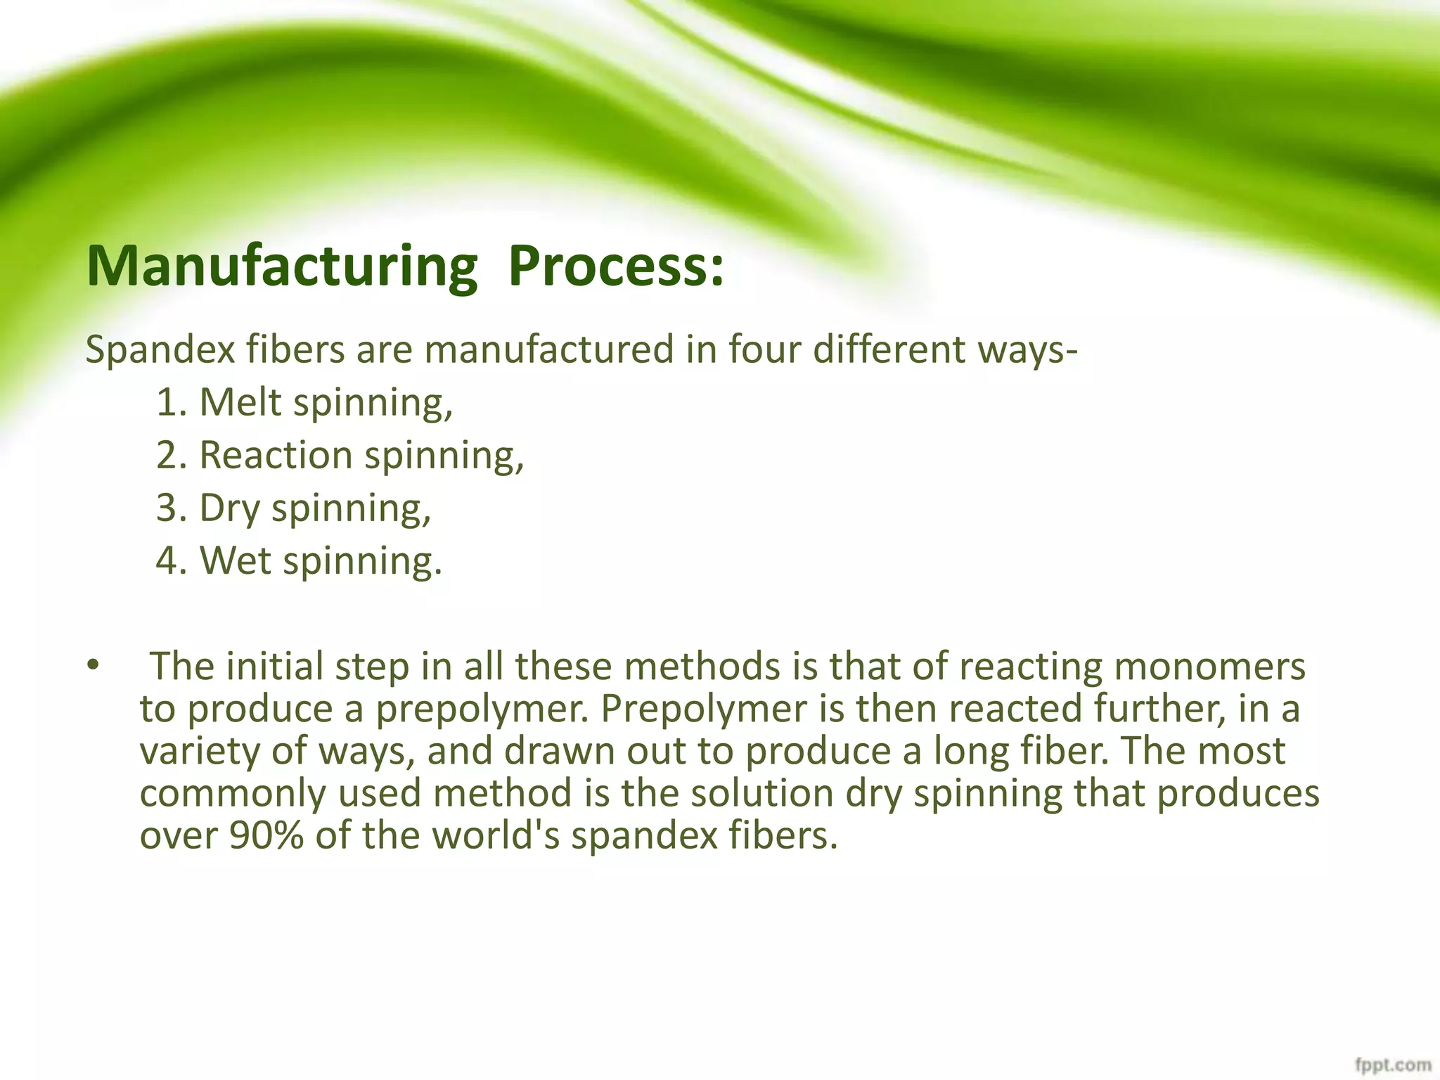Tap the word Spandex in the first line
point(160,349)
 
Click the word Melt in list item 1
point(240,402)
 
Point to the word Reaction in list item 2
point(275,455)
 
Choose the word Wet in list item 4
point(235,560)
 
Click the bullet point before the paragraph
point(93,665)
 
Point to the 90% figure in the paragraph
point(266,835)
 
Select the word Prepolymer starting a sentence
point(703,709)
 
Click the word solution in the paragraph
point(761,793)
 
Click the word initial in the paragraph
point(275,667)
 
